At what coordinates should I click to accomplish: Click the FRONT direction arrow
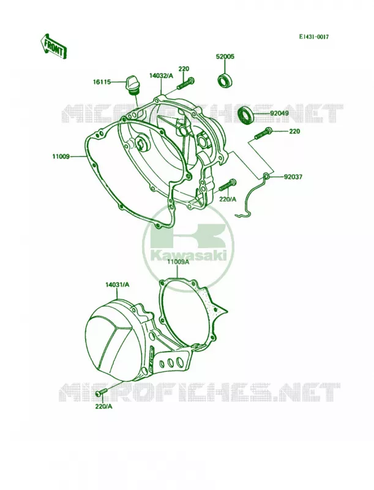[x=53, y=47]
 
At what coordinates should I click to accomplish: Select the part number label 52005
[x=225, y=57]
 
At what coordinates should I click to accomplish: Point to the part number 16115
[x=102, y=82]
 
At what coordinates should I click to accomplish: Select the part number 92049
[x=279, y=113]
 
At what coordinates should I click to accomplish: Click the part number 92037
[x=293, y=177]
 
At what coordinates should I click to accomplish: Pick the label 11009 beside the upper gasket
[x=61, y=156]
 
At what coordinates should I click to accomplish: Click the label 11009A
[x=178, y=263]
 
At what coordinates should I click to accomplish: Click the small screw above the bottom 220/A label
[x=102, y=391]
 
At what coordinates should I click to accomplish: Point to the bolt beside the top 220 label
[x=186, y=83]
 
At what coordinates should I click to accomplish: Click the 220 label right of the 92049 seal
[x=294, y=132]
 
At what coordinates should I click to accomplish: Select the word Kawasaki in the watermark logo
[x=189, y=256]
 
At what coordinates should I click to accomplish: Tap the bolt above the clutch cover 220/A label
[x=228, y=185]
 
